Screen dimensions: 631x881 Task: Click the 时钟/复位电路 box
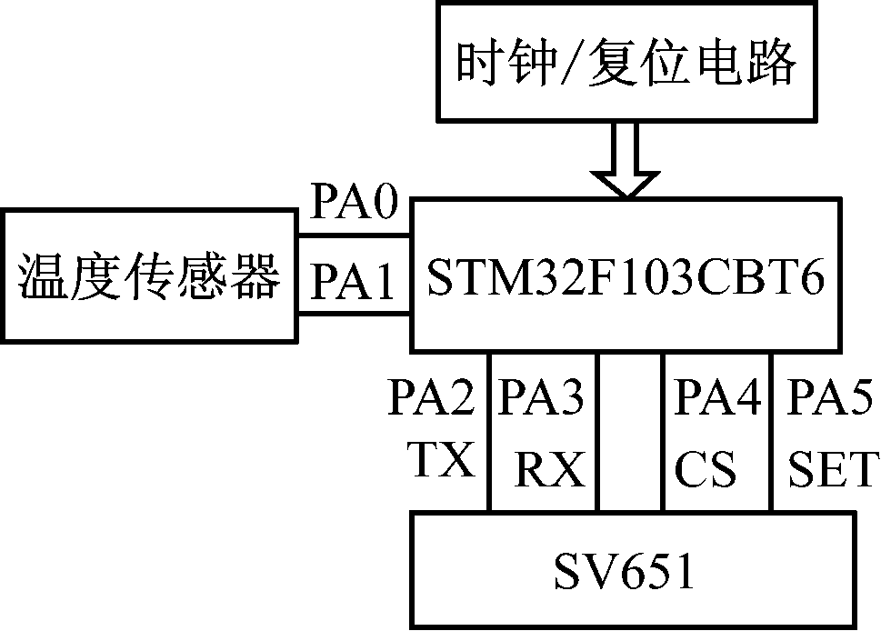[626, 62]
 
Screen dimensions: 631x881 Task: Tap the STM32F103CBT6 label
[626, 278]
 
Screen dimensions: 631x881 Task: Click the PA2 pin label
[433, 398]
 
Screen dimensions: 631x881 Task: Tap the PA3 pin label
[542, 398]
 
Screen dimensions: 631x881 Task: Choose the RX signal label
[549, 470]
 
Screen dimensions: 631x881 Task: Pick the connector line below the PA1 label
[355, 315]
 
